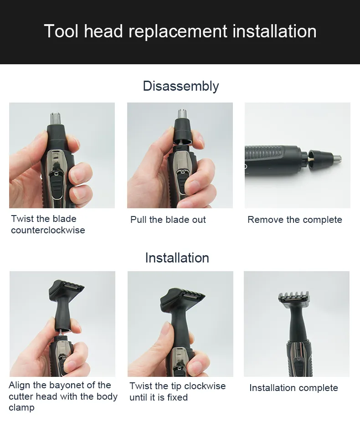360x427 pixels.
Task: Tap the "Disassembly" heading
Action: point(181,86)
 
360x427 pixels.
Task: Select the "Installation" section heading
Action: point(177,258)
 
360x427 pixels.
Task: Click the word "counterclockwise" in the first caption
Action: point(48,230)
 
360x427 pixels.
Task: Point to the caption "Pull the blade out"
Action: point(168,220)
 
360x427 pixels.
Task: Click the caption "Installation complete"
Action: point(293,388)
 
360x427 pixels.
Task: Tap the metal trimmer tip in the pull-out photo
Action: point(182,114)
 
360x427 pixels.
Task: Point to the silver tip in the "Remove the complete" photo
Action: point(338,158)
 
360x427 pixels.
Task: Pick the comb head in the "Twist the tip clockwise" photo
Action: point(182,299)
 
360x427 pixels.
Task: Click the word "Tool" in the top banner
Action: point(61,31)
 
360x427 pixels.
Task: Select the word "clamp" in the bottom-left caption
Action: point(21,408)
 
